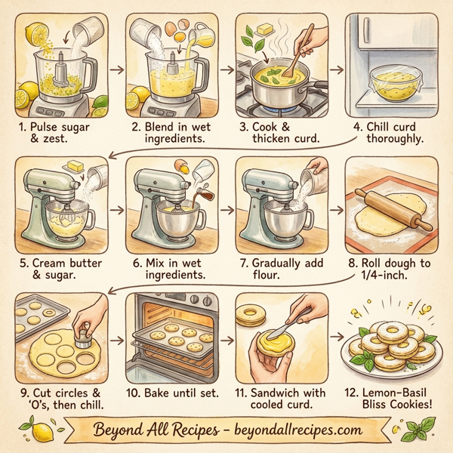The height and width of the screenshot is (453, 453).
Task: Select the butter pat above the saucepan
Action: (x=266, y=29)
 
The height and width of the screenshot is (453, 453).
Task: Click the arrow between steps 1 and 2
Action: (x=116, y=69)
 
